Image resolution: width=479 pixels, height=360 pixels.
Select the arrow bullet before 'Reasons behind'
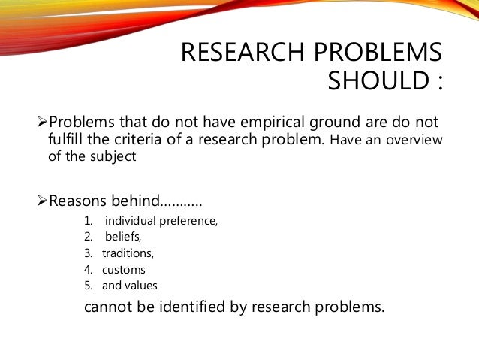pyautogui.click(x=42, y=201)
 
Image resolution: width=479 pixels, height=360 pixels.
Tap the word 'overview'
pyautogui.click(x=413, y=141)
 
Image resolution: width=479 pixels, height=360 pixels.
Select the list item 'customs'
pyautogui.click(x=124, y=269)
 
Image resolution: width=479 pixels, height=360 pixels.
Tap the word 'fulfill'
pyautogui.click(x=68, y=140)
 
